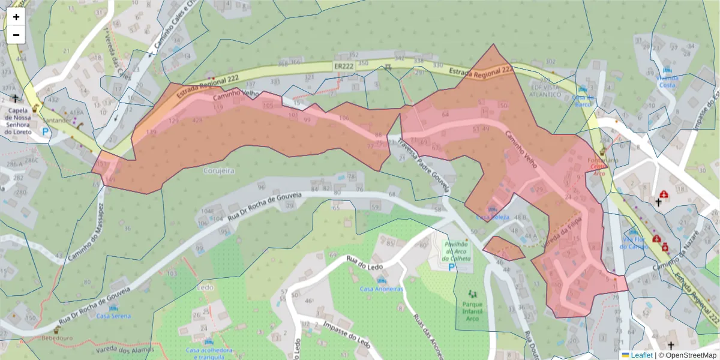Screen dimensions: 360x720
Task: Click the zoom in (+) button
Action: [16, 17]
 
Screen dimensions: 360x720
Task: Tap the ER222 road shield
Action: [344, 66]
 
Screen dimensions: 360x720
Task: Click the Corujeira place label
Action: [219, 171]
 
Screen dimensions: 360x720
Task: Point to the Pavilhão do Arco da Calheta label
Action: [457, 251]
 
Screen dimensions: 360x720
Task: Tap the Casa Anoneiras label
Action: [381, 289]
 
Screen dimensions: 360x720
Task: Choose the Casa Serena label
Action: [113, 316]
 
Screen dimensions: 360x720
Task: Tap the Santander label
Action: [56, 120]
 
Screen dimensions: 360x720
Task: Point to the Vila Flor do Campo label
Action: [634, 242]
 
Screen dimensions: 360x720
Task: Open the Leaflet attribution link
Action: [641, 355]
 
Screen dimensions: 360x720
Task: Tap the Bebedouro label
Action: [56, 338]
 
